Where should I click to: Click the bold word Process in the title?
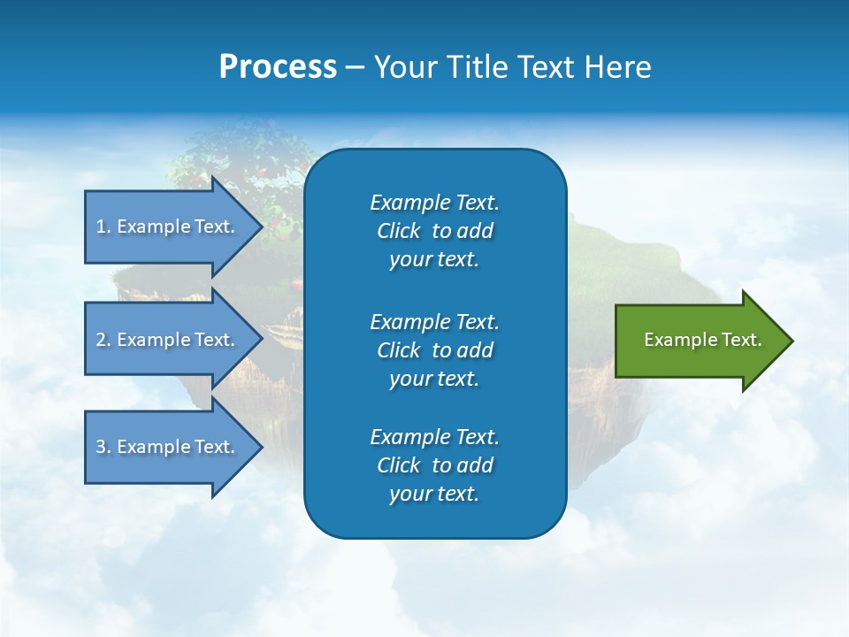coord(278,67)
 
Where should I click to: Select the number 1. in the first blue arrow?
coord(103,226)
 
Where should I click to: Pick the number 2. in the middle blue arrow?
coord(103,340)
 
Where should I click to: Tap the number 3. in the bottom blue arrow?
coord(103,447)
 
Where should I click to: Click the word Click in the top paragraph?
coord(398,231)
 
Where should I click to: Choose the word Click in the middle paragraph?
coord(398,350)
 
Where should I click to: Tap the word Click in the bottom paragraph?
coord(398,465)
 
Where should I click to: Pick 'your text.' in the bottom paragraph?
coord(434,495)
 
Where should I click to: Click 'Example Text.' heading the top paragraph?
coord(434,203)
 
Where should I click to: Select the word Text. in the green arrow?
coord(741,340)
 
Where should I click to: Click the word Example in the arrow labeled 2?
coord(153,340)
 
